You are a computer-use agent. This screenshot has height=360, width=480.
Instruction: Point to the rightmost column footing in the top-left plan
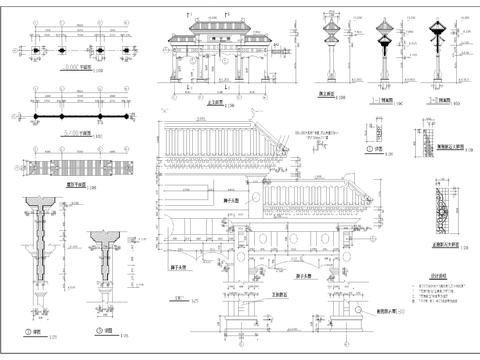tap(128, 49)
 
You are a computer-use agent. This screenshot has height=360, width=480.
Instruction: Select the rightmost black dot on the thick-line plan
tap(128, 116)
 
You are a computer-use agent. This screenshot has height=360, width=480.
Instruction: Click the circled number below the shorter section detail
tap(98, 333)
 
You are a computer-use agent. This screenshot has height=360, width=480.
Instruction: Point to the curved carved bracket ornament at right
tap(381, 136)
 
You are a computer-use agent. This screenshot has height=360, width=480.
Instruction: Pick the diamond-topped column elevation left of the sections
tap(331, 50)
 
